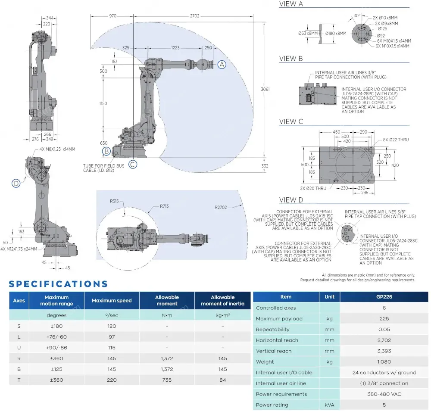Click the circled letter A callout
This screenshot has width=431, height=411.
coord(222,64)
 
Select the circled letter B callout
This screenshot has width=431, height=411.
coord(106,151)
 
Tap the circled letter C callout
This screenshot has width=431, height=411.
coord(133,164)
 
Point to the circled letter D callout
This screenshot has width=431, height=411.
coord(16,184)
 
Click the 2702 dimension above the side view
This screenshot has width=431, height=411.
coord(194,16)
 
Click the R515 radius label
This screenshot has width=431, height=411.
coord(114,201)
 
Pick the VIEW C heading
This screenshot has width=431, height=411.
coord(291,122)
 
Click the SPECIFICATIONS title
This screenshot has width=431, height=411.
coord(58,284)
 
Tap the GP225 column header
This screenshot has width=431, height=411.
coord(384,297)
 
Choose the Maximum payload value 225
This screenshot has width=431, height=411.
coord(384,319)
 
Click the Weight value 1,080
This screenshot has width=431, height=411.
coord(384,362)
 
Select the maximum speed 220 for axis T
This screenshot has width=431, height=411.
coord(112,380)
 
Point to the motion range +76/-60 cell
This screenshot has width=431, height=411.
coord(56,337)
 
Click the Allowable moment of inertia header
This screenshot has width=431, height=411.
coord(222,300)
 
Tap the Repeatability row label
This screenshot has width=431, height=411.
coord(273,330)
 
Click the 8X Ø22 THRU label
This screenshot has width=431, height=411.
coord(396,140)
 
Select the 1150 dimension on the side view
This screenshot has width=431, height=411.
coord(103,103)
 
